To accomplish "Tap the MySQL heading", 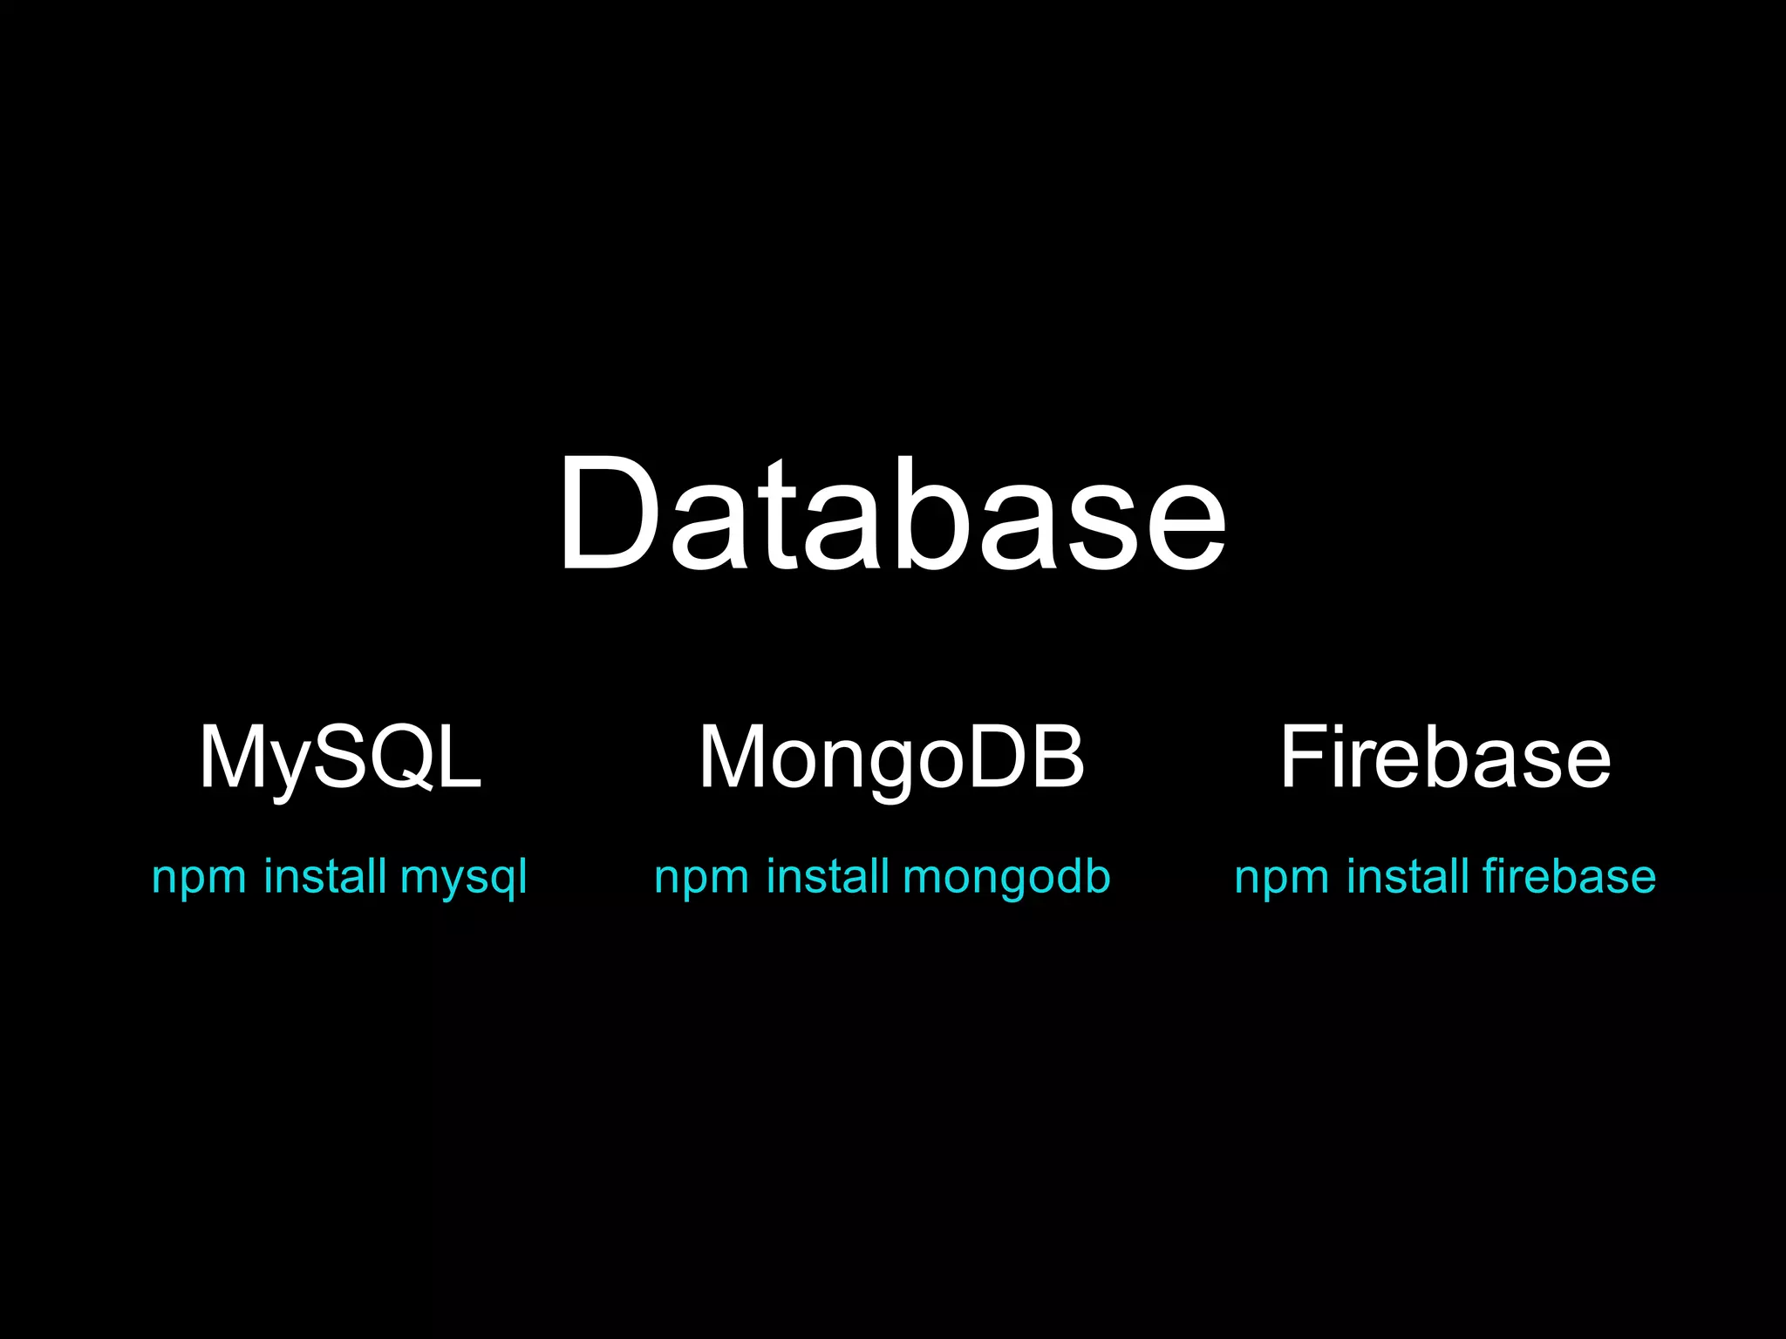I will pos(340,757).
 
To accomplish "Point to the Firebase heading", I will pos(1445,757).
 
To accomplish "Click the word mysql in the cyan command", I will pos(463,877).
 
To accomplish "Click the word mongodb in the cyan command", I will pos(1006,877).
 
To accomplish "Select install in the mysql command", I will pos(324,875).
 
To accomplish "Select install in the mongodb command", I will pos(828,875).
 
